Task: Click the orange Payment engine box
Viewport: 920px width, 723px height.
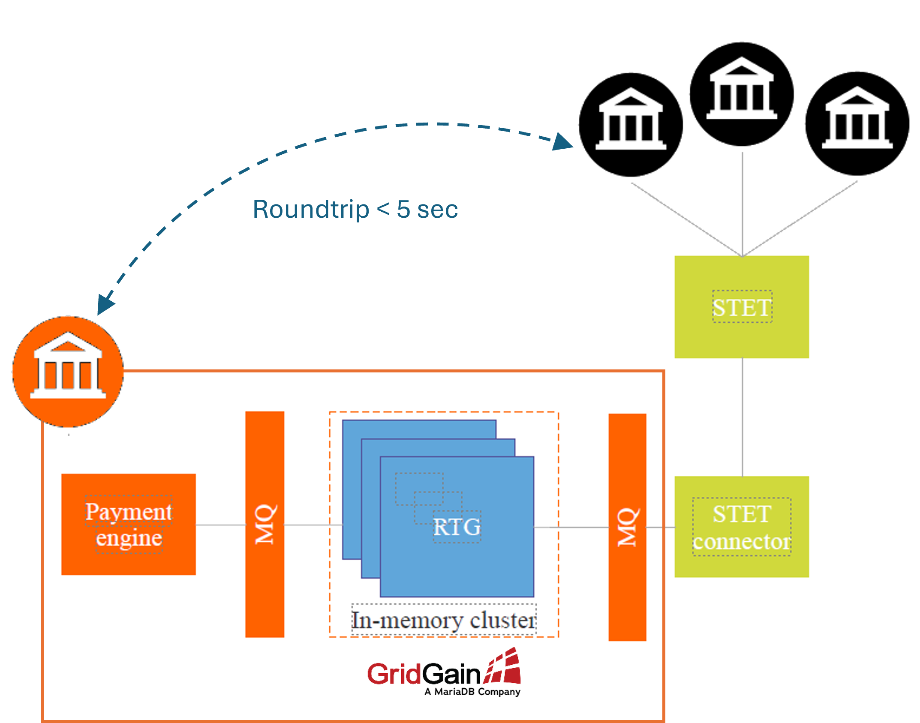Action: point(128,524)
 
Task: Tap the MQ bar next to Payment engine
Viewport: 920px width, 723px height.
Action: point(265,524)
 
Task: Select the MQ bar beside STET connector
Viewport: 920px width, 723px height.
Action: point(627,527)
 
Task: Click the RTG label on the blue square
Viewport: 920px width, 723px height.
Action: point(457,527)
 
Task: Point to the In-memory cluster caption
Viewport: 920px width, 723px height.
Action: point(444,620)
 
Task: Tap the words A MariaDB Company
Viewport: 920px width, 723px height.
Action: point(472,692)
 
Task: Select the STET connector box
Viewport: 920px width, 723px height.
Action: point(742,527)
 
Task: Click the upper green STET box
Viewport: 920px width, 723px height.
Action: point(742,307)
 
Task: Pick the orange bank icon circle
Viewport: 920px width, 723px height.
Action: point(68,372)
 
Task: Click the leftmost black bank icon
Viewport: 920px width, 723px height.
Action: point(631,125)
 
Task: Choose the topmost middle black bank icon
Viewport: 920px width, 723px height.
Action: point(742,94)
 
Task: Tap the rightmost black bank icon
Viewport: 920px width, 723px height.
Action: point(857,123)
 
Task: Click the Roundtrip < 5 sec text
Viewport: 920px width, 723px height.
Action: point(355,209)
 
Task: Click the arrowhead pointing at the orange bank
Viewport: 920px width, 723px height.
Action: point(105,304)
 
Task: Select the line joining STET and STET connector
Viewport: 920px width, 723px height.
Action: point(742,417)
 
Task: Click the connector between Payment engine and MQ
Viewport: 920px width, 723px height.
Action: point(220,525)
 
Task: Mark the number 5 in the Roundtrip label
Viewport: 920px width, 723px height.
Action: point(403,209)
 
